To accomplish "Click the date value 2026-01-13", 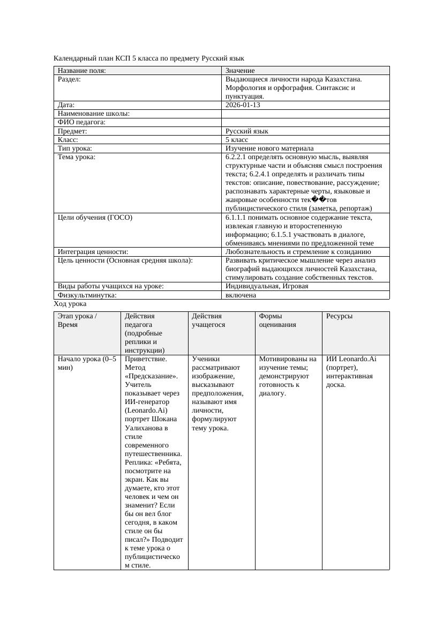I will tap(243, 105).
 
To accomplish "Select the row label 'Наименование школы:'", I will tap(94, 114).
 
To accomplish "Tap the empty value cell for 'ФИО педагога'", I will tap(305, 122).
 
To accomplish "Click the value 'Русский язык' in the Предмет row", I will tap(247, 131).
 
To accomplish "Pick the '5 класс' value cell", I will tap(237, 139).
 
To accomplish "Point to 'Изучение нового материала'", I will tap(269, 148).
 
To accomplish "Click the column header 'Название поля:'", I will tap(82, 70).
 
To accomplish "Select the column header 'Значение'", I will tap(240, 70).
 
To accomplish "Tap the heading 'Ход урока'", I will tap(70, 303).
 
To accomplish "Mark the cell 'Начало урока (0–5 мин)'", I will tap(87, 363).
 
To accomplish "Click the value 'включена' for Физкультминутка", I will tap(241, 295).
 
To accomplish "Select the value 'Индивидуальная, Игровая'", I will tap(267, 286).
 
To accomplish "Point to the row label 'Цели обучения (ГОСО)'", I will tap(95, 218).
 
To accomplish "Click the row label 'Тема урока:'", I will tap(77, 156).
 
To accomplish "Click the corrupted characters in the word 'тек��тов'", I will tap(319, 200).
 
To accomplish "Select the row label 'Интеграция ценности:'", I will tap(93, 252).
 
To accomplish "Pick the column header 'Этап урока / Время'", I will tap(77, 320).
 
